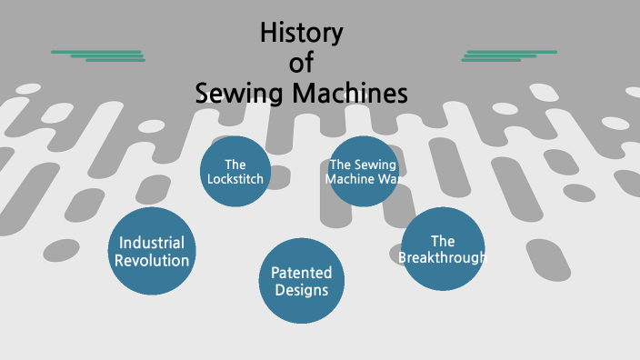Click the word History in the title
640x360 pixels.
(301, 35)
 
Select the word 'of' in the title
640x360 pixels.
(301, 64)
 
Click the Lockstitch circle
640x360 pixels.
(235, 171)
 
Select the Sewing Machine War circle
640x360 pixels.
(364, 171)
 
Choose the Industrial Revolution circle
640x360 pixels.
(153, 252)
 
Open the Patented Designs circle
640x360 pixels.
(302, 281)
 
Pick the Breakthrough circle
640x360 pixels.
(443, 249)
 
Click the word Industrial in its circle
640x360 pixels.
(152, 243)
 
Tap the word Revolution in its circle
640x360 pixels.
(153, 261)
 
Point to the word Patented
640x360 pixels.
(302, 273)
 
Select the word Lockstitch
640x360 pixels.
(235, 179)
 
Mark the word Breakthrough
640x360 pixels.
(443, 258)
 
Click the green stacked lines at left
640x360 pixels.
(98, 55)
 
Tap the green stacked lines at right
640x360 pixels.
(509, 55)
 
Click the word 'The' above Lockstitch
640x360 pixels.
(235, 165)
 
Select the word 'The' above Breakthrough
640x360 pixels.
(443, 241)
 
